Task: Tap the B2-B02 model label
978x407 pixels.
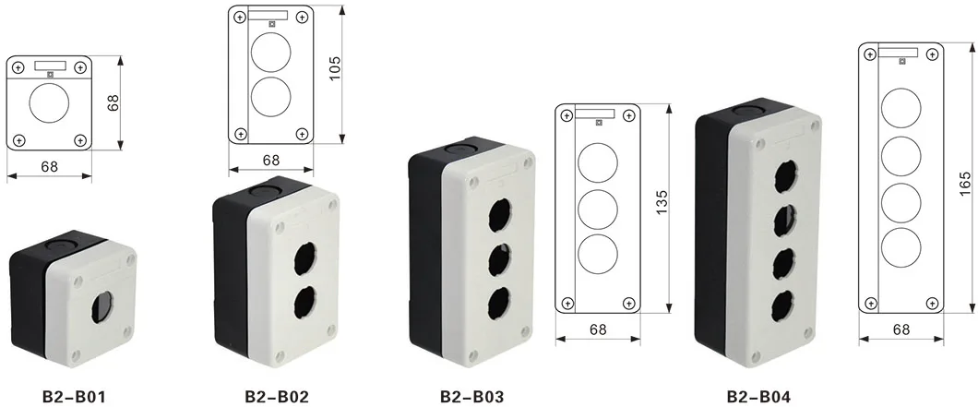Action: [x=276, y=397]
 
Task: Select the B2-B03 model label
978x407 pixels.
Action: [x=471, y=397]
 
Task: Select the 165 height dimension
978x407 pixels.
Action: [x=966, y=180]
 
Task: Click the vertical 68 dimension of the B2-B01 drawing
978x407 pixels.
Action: [x=113, y=102]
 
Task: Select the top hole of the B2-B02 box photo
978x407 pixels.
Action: [x=304, y=260]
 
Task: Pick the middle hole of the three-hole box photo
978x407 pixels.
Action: [x=500, y=256]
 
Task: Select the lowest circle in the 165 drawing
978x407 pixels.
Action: [x=901, y=246]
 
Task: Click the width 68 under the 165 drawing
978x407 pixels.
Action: [x=901, y=329]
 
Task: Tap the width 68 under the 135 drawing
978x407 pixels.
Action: [x=599, y=328]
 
